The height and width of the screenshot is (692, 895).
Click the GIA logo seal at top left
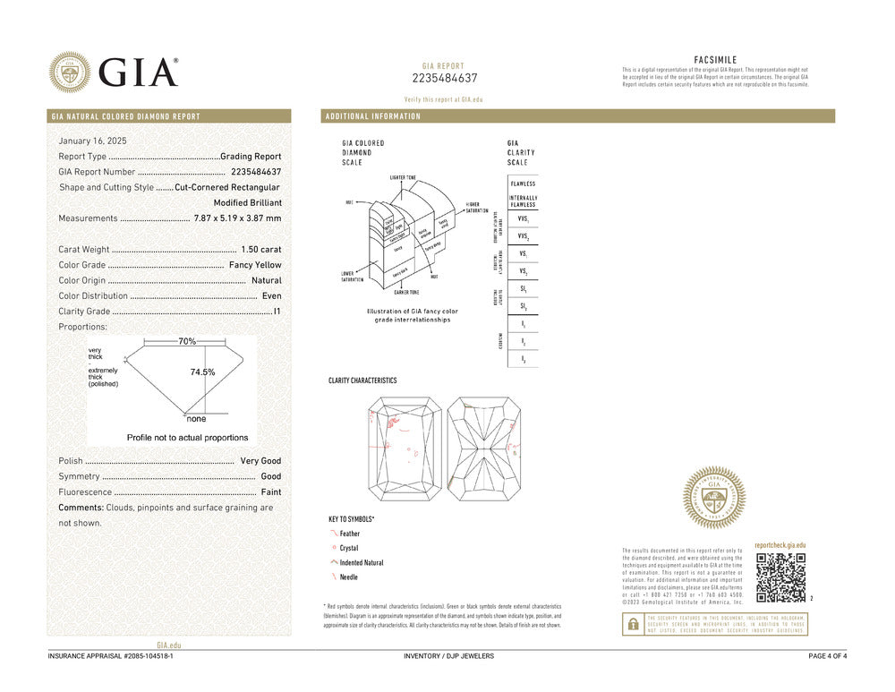(x=70, y=72)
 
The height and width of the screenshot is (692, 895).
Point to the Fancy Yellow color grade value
(x=255, y=265)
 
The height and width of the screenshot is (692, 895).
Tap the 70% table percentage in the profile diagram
(x=187, y=342)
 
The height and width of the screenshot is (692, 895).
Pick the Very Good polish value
(x=260, y=461)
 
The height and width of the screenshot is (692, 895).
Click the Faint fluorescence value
(x=270, y=492)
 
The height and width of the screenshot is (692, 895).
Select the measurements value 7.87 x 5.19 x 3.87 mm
(x=237, y=218)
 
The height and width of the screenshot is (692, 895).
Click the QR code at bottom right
(x=780, y=577)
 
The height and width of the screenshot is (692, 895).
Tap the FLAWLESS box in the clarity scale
(x=523, y=184)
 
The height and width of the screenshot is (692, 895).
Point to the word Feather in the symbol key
(x=350, y=534)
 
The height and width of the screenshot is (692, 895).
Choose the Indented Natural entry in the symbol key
(x=362, y=563)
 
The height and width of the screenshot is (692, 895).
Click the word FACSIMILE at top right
(x=715, y=60)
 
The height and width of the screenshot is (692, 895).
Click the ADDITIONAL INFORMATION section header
(x=373, y=116)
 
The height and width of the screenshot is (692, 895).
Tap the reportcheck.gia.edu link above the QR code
(x=780, y=545)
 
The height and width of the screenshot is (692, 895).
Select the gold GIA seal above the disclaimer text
(x=714, y=497)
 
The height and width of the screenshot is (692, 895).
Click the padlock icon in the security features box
(x=633, y=625)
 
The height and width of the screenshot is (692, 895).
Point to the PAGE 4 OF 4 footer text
(x=827, y=656)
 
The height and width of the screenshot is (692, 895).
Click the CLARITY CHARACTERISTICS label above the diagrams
(x=362, y=381)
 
